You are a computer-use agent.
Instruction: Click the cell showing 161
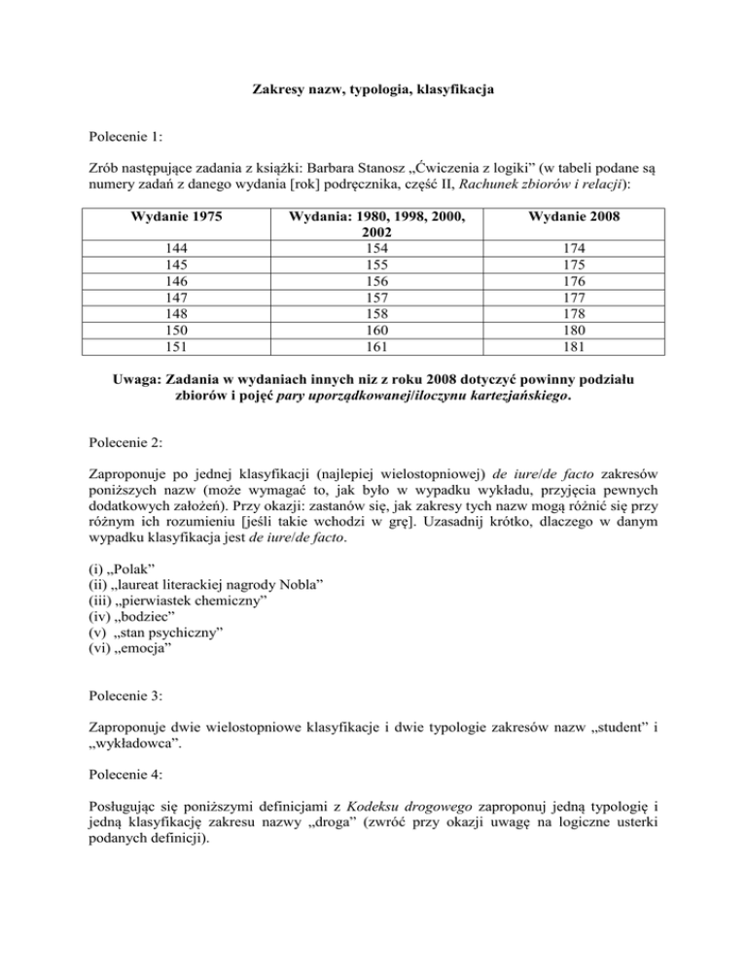click(373, 345)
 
